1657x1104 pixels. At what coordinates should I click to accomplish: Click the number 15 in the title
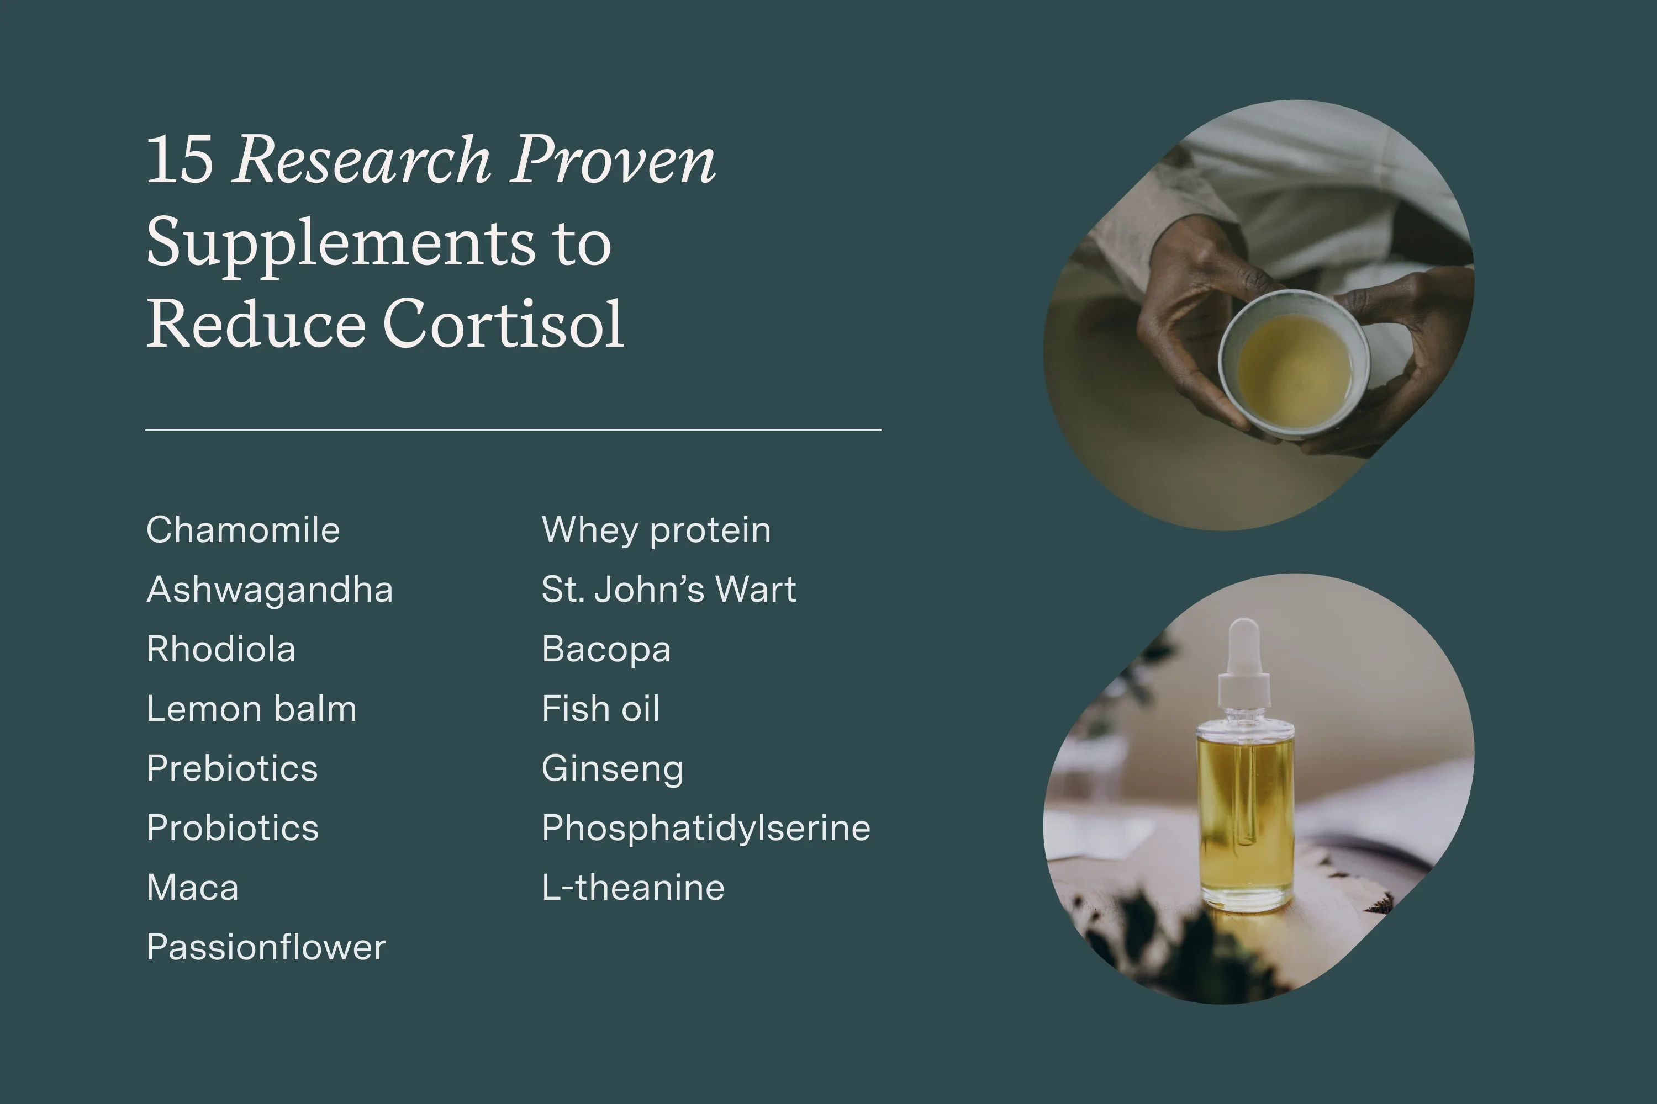pos(179,160)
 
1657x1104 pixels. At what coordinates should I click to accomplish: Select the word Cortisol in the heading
pos(503,325)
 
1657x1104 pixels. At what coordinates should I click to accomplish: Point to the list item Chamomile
pos(243,530)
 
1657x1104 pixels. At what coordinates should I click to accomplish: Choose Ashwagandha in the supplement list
pos(269,590)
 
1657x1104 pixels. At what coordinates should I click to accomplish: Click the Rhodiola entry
pos(220,649)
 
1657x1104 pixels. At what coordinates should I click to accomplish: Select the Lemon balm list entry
pos(251,709)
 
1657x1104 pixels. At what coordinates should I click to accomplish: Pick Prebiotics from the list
pos(232,768)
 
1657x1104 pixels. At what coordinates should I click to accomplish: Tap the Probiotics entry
pos(233,828)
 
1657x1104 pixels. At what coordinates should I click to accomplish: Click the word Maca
pos(192,887)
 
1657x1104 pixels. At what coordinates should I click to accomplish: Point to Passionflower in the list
pos(266,947)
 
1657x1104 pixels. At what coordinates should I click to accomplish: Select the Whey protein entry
pos(656,530)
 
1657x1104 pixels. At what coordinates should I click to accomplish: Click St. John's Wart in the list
pos(668,590)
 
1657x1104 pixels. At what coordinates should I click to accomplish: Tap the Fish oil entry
pos(600,709)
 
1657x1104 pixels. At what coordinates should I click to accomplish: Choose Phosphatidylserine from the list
pos(706,828)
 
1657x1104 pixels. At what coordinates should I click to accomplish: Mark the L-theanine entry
pos(632,887)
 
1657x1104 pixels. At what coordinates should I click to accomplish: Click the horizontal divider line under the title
pos(513,429)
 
